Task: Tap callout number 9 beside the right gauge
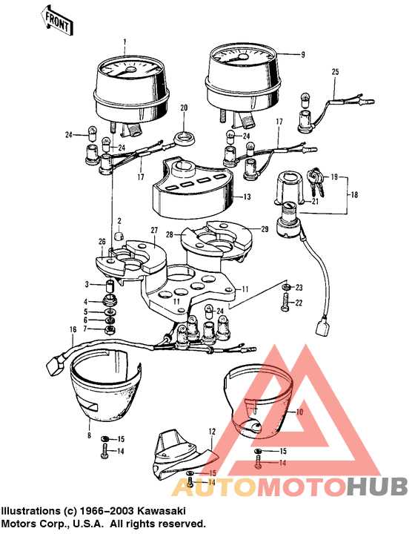pos(302,55)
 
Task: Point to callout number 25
pos(334,72)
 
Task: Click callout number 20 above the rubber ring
pos(184,108)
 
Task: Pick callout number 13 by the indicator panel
pos(247,197)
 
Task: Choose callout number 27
pos(155,231)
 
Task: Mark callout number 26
pos(102,242)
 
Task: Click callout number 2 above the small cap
pos(118,220)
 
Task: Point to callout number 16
pos(73,329)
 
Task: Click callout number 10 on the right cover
pos(299,412)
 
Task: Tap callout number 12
pos(211,431)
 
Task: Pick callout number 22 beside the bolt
pos(299,303)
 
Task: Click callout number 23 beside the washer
pos(299,287)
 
